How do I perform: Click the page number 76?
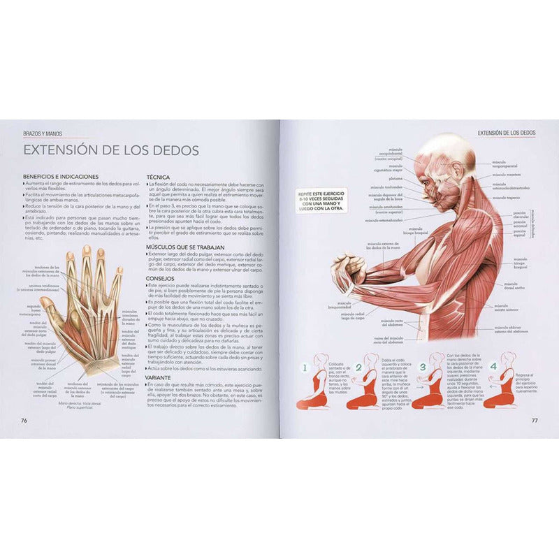click(24, 420)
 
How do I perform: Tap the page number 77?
click(534, 420)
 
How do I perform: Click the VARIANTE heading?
click(161, 376)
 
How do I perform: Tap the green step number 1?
click(305, 366)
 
